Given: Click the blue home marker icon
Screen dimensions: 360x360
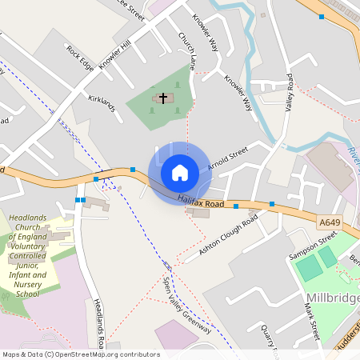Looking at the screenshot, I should (x=180, y=172).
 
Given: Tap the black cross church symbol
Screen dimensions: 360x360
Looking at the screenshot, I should (x=163, y=98).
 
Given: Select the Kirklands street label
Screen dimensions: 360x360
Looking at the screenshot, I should (x=102, y=105).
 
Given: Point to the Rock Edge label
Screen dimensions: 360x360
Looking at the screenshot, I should (x=81, y=57).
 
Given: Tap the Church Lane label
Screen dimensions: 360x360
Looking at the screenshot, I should (x=187, y=49).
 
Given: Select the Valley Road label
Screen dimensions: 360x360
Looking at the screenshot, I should (x=289, y=93).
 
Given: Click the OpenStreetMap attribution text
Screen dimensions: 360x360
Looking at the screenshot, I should (x=80, y=354).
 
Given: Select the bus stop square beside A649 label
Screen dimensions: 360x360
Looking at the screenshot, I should (x=272, y=204).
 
